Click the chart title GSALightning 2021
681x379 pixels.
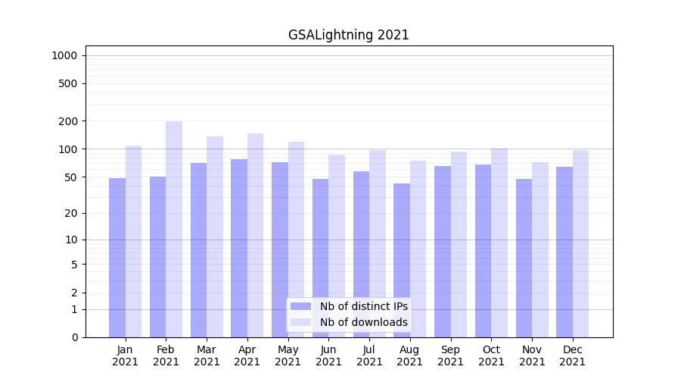[x=348, y=35]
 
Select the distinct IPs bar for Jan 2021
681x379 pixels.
[x=117, y=258]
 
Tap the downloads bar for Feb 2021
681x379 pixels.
[x=174, y=227]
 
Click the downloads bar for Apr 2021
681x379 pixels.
[x=256, y=235]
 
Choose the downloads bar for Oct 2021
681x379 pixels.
[x=499, y=243]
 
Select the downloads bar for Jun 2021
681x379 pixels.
[x=337, y=246]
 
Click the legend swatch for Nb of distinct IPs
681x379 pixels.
[x=300, y=306]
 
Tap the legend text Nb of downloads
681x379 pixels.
[x=363, y=322]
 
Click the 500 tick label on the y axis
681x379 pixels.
[x=68, y=83]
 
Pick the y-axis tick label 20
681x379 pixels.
[x=71, y=213]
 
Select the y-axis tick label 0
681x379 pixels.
[x=74, y=337]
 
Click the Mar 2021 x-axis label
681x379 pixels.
[x=207, y=356]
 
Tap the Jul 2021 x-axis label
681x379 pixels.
[x=369, y=356]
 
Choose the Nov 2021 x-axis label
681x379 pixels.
[x=532, y=356]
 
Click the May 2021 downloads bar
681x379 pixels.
[x=296, y=240]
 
